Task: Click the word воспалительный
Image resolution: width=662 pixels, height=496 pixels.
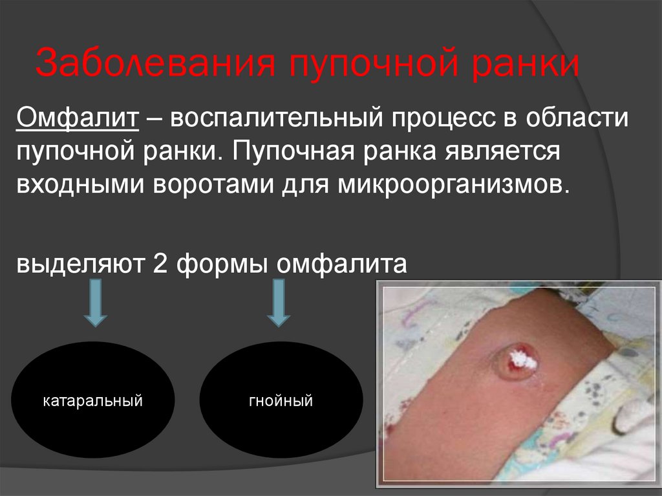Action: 263,119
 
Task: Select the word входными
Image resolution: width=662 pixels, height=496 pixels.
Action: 80,188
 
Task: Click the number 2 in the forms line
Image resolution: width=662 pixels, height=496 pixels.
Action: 160,264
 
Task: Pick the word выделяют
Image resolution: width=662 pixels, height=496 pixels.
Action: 80,264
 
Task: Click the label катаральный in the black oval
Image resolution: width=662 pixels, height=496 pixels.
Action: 92,402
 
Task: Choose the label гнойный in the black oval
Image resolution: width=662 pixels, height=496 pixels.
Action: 281,402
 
